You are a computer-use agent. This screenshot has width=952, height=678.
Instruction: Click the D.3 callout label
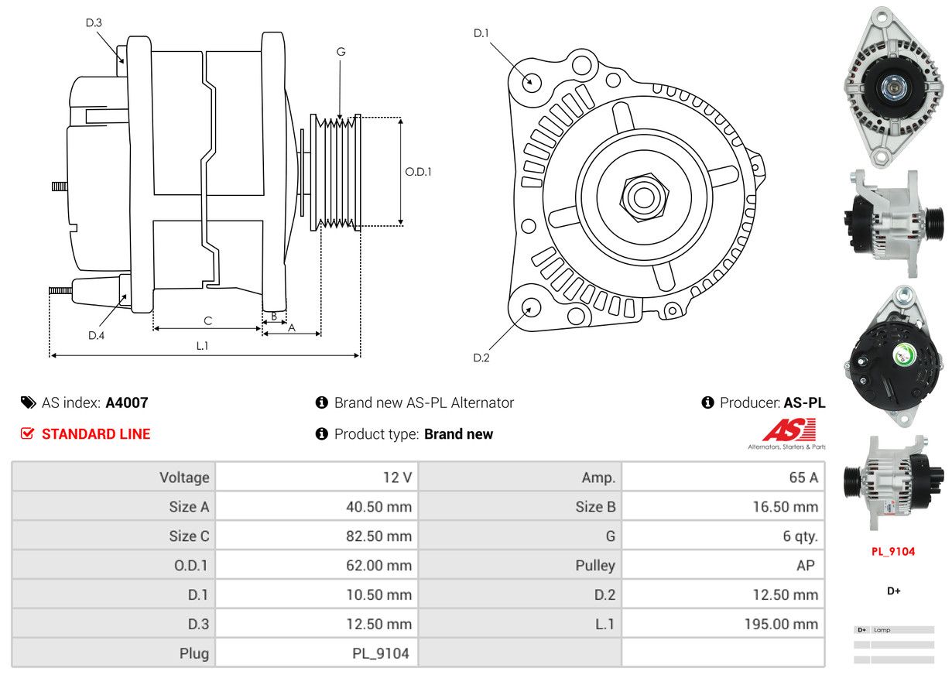pyautogui.click(x=94, y=22)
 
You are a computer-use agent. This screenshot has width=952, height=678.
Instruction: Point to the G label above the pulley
pyautogui.click(x=341, y=52)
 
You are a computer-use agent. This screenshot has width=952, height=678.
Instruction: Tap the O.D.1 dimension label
pyautogui.click(x=418, y=172)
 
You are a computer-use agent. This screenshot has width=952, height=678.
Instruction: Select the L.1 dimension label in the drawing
pyautogui.click(x=202, y=346)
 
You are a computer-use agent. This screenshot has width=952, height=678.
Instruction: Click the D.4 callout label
pyautogui.click(x=96, y=335)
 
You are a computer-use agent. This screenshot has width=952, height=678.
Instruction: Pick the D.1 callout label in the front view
pyautogui.click(x=481, y=33)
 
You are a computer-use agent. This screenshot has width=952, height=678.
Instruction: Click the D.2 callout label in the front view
pyautogui.click(x=481, y=358)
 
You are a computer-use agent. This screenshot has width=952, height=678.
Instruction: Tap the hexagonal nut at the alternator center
pyautogui.click(x=642, y=197)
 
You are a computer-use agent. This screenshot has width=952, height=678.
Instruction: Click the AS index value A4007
pyautogui.click(x=127, y=402)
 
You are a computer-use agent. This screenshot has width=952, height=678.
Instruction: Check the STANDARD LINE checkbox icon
pyautogui.click(x=28, y=434)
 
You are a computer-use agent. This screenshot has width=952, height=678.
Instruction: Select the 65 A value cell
pyautogui.click(x=803, y=478)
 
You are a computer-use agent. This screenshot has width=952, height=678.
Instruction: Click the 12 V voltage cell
pyautogui.click(x=397, y=478)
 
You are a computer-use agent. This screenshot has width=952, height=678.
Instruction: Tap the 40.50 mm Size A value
pyautogui.click(x=378, y=507)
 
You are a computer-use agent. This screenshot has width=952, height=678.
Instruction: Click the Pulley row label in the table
pyautogui.click(x=595, y=566)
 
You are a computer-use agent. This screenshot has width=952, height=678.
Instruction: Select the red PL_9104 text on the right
pyautogui.click(x=893, y=552)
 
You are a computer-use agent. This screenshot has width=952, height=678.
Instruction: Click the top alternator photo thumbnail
pyautogui.click(x=893, y=87)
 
